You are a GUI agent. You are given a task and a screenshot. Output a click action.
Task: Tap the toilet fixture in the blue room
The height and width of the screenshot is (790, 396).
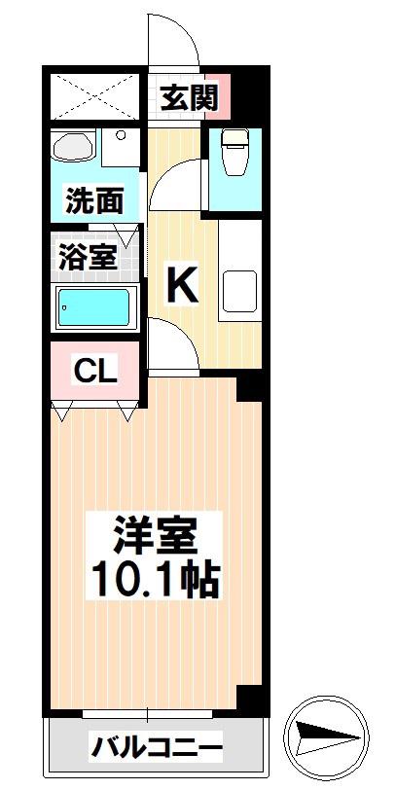pyautogui.click(x=235, y=152)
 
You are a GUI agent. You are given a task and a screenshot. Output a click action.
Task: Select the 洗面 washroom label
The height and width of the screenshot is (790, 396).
pyautogui.click(x=94, y=200)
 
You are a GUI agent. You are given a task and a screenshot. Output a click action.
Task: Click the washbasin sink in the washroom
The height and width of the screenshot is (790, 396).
pyautogui.click(x=73, y=147)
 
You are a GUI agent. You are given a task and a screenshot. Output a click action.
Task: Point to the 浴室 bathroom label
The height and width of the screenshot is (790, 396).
pyautogui.click(x=89, y=257)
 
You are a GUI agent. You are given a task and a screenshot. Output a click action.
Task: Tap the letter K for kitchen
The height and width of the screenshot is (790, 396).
pyautogui.click(x=182, y=285)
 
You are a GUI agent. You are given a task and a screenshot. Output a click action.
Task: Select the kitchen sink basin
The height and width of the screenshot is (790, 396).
pyautogui.click(x=240, y=291)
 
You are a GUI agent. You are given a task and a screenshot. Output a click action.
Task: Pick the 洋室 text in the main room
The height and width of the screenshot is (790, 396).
pyautogui.click(x=154, y=538)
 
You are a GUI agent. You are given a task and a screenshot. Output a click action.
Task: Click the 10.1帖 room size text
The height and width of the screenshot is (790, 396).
pyautogui.click(x=154, y=580)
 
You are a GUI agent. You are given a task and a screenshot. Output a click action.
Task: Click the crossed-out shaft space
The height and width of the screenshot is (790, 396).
pyautogui.click(x=94, y=96)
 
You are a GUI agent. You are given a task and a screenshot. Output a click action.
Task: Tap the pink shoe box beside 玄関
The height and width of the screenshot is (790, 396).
pyautogui.click(x=218, y=96)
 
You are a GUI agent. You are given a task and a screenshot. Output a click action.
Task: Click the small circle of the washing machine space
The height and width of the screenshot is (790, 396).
pyautogui.click(x=121, y=134)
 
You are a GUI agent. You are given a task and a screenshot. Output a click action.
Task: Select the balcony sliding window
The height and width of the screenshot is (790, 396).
pyautogui.click(x=148, y=714)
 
